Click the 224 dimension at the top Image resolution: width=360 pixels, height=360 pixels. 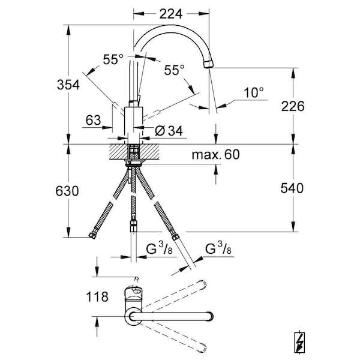click(171, 14)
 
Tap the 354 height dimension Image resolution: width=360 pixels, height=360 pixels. click(68, 85)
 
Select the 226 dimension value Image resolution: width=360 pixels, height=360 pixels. click(293, 106)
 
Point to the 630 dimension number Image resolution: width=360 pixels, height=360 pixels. click(67, 191)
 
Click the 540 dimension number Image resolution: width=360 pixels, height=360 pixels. click(292, 188)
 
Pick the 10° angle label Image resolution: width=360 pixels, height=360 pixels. click(253, 93)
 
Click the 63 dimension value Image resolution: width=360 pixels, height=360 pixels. click(93, 120)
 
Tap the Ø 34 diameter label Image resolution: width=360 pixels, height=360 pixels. click(169, 131)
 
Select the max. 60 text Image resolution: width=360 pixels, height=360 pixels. click(215, 155)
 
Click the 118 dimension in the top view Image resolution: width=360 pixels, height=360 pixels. click(97, 296)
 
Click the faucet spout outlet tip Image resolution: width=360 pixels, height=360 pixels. click(208, 64)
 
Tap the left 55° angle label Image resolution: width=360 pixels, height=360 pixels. click(113, 59)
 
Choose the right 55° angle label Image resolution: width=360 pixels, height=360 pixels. click(174, 70)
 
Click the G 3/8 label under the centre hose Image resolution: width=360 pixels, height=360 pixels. click(159, 249)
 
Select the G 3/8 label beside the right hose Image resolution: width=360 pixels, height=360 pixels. click(218, 249)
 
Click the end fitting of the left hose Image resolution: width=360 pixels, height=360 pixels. click(92, 236)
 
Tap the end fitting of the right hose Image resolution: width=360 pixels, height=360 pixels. click(175, 237)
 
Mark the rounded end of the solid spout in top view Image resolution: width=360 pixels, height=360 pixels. click(211, 316)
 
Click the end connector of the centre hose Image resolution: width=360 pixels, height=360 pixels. click(133, 226)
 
